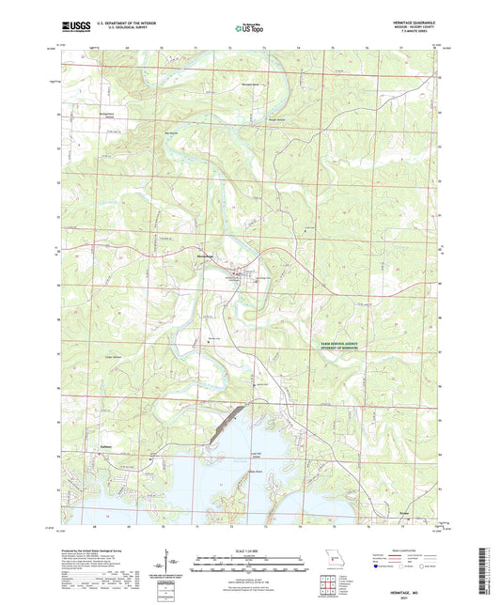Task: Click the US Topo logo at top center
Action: (250, 29)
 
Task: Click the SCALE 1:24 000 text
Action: (250, 550)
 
